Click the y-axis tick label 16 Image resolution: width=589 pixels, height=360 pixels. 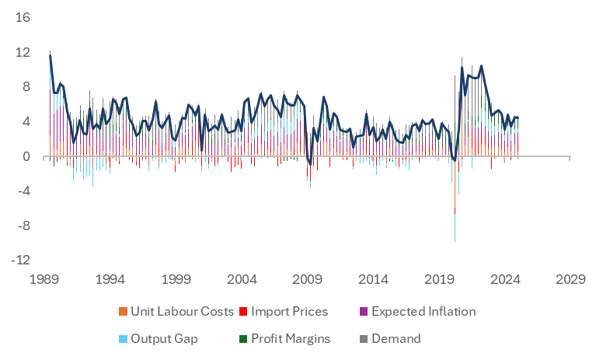[x=22, y=17]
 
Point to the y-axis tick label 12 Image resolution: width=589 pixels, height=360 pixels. [x=22, y=52]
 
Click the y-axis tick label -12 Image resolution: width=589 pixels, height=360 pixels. [x=20, y=261]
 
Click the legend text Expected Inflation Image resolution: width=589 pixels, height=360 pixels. [x=423, y=312]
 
